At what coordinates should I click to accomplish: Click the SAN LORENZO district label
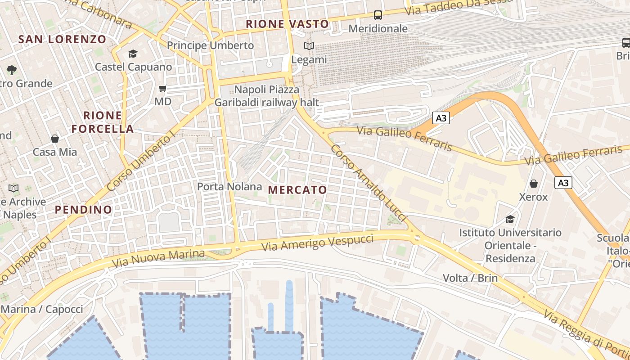point(62,39)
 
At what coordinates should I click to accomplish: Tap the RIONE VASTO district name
point(287,24)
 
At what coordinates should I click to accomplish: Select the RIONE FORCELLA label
point(103,122)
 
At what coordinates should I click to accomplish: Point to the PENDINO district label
point(83,209)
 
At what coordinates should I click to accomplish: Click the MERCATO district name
point(297,190)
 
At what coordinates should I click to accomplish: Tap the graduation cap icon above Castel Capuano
point(133,54)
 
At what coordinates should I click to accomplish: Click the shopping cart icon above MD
point(163,88)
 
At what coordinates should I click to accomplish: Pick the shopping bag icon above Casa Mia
point(55,139)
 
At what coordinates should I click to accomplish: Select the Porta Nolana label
point(229,186)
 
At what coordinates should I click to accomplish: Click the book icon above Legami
point(309,46)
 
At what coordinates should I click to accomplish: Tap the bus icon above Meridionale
point(378,15)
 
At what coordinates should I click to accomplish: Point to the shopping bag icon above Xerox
point(534,184)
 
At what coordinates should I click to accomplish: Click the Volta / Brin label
point(470,278)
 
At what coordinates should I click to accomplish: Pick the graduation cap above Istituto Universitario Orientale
point(510,219)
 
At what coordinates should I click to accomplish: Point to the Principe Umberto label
point(210,45)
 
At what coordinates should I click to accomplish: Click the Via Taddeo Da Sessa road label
point(459,6)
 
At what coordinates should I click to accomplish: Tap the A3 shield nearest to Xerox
point(563,183)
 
